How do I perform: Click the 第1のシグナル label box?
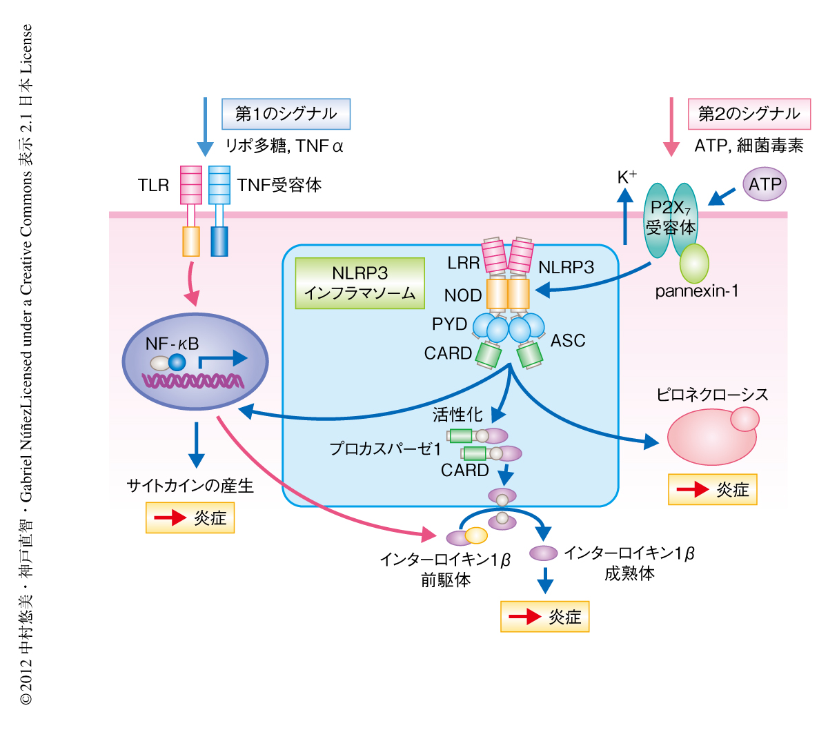[286, 114]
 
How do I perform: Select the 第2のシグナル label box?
[749, 114]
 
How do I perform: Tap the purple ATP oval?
[765, 185]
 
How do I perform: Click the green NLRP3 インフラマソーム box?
[359, 283]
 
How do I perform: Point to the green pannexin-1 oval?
[694, 264]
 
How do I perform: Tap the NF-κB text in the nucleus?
[172, 344]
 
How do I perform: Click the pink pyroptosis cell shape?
[711, 437]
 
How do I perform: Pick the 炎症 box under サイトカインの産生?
[190, 517]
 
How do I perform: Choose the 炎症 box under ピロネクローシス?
[713, 489]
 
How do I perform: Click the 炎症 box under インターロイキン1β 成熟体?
[545, 616]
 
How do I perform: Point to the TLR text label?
[153, 185]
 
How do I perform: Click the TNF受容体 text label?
[279, 185]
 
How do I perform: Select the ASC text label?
[568, 340]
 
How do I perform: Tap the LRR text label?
[463, 263]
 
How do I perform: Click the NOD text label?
[463, 296]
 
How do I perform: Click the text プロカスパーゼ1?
[385, 449]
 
